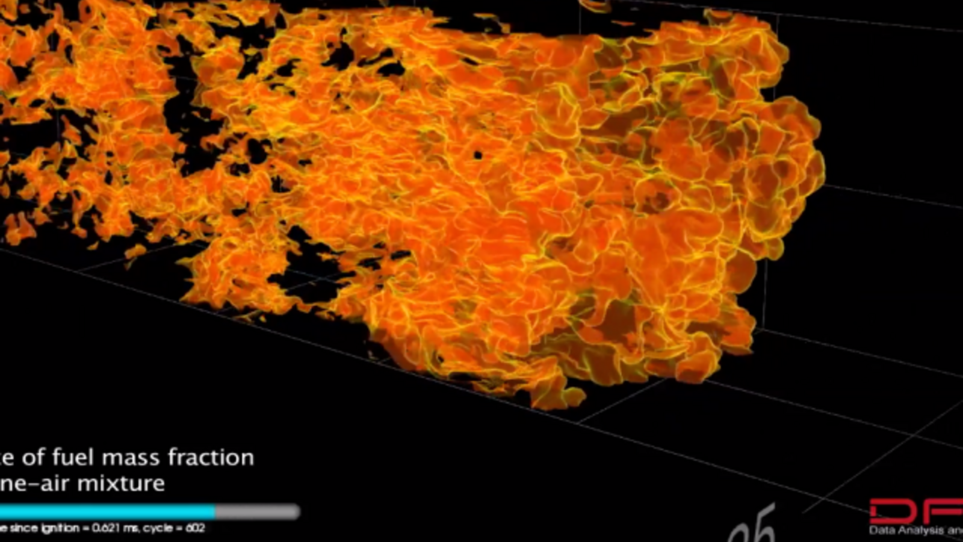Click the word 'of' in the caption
click(33, 458)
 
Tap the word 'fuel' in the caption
click(73, 458)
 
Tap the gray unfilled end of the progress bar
click(258, 512)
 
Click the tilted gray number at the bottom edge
click(752, 527)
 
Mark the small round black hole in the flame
click(478, 155)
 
